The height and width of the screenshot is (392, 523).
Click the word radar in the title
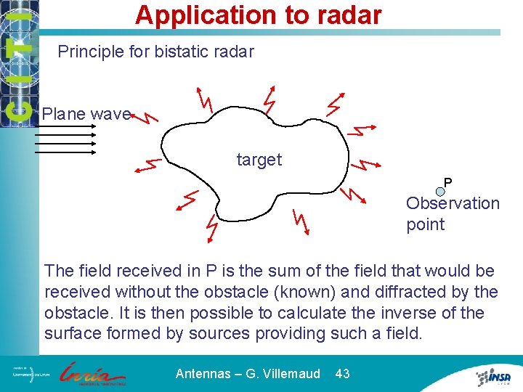pos(344,15)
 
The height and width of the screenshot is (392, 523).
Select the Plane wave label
pos(86,114)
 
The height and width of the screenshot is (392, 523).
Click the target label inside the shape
pos(259,160)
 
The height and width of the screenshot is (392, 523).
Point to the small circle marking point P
pos(440,192)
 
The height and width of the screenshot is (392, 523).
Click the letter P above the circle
pos(448,182)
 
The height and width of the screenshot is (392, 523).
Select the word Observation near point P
pos(453,203)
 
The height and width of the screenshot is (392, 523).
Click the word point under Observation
pos(426,224)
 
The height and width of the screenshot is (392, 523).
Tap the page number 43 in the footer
pos(342,374)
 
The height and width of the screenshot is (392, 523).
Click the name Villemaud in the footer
pos(289,374)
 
